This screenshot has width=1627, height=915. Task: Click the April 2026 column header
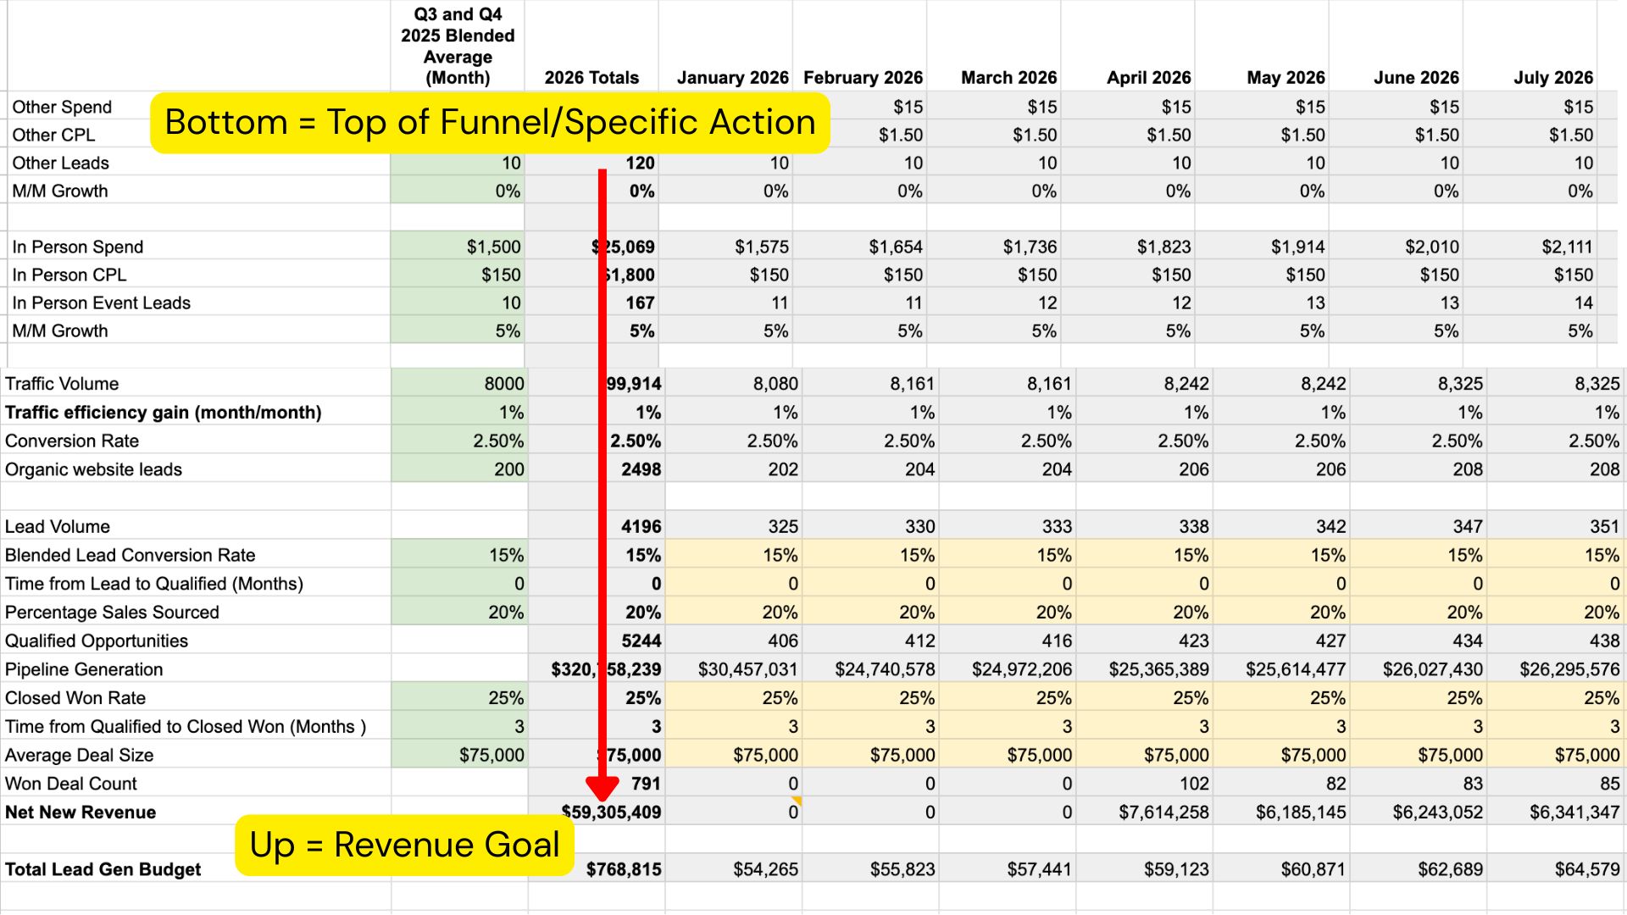coord(1148,78)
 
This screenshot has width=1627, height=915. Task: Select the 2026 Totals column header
coord(591,78)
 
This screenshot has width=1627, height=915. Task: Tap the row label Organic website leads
coord(93,469)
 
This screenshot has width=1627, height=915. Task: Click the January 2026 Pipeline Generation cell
coord(747,669)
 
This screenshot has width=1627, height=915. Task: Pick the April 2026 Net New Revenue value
coord(1163,812)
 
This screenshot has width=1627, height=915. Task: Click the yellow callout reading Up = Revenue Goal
coord(404,845)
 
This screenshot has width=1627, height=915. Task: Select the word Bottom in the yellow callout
coord(225,122)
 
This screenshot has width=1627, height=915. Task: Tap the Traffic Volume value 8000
coord(503,384)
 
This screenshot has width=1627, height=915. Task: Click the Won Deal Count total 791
coord(646,784)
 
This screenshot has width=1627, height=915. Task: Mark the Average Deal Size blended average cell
coord(491,755)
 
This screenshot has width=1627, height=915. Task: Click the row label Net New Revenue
coord(81,812)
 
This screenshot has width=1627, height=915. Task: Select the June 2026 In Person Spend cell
coord(1431,247)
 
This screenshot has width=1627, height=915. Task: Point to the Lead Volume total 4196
coord(641,527)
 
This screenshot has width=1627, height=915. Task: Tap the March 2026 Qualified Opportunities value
coord(1057,640)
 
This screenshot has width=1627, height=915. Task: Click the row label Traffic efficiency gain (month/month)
coord(163,413)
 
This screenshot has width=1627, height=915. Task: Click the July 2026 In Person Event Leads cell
coord(1583,302)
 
